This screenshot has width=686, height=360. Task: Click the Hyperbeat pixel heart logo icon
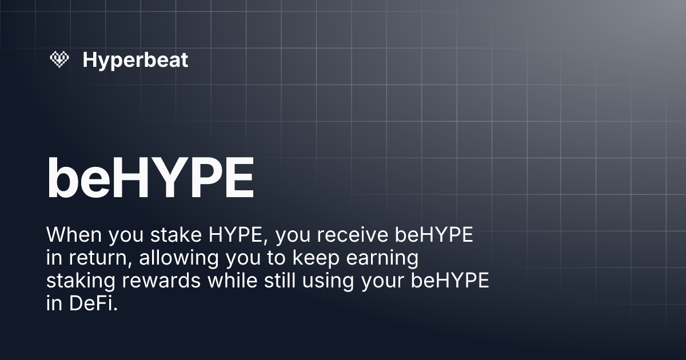[x=59, y=59]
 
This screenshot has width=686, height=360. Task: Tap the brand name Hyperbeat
[x=135, y=59]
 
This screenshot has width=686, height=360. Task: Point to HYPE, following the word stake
[x=229, y=235]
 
